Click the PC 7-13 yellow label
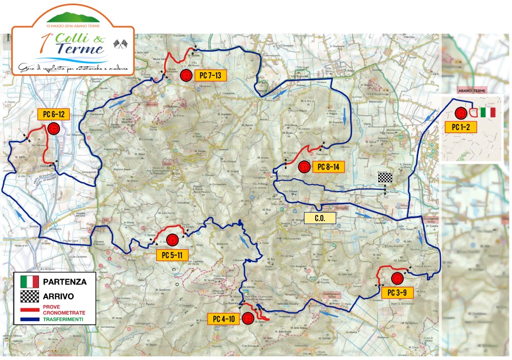point(210,75)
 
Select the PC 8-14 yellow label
point(328,167)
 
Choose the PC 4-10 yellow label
point(223,319)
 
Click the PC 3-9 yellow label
point(397,292)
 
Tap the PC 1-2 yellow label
point(461,126)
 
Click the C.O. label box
point(320,218)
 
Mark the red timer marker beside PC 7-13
point(187,76)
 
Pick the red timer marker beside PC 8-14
point(304,167)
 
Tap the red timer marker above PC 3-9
point(397,279)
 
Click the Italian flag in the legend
point(30,281)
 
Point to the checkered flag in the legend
point(30,296)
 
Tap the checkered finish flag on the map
point(385,178)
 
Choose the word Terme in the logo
point(80,49)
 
